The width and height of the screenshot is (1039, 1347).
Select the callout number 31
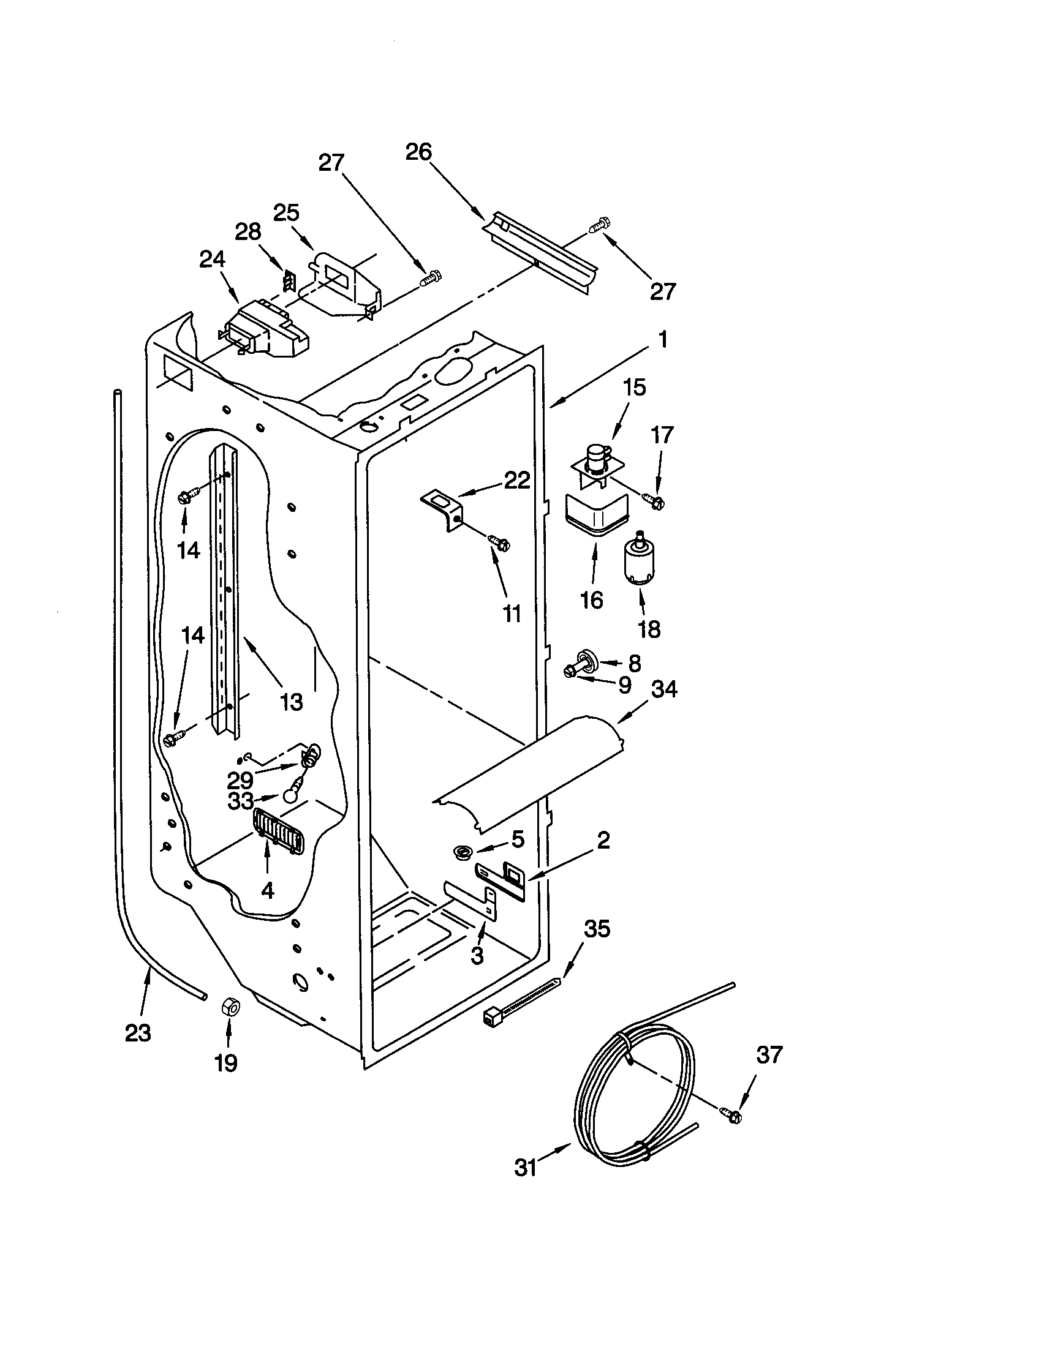526,1168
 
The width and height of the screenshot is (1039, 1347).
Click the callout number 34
663,689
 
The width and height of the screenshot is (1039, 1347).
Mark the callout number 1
662,340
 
